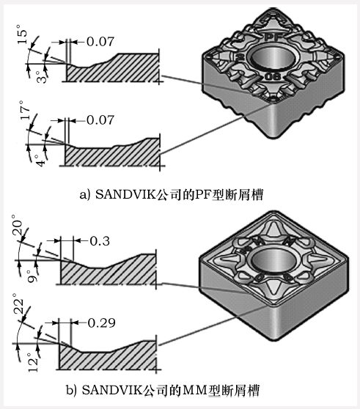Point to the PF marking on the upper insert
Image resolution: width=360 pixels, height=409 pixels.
(273, 34)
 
